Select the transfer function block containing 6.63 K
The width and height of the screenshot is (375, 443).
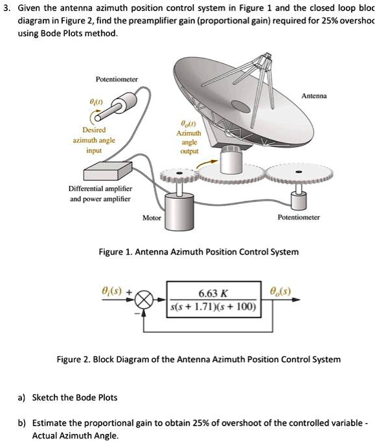tap(214, 300)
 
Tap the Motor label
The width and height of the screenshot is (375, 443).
tap(152, 218)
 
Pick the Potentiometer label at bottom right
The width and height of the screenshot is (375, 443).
tap(299, 218)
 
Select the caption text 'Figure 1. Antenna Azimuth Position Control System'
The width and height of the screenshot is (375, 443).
tap(198, 251)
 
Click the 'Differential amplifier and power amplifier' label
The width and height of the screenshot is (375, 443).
tap(100, 194)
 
